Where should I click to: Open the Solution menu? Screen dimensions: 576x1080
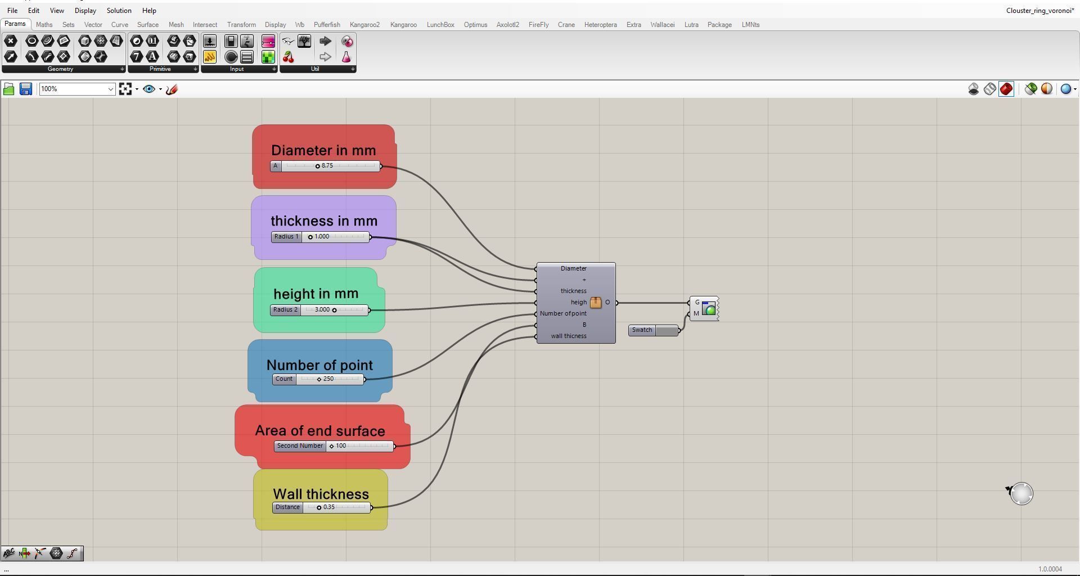(x=119, y=11)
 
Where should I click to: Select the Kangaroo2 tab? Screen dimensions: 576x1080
(x=364, y=25)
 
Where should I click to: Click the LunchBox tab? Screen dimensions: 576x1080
(x=440, y=25)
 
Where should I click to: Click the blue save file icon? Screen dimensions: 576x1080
(x=26, y=89)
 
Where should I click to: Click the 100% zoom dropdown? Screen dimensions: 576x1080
(x=77, y=89)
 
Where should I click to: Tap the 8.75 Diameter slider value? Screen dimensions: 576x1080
(x=327, y=166)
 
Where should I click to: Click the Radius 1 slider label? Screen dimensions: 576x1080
(x=286, y=237)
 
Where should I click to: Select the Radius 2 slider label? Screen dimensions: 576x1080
(x=285, y=310)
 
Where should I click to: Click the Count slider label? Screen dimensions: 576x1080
(x=284, y=379)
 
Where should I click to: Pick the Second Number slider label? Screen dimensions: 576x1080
(x=300, y=446)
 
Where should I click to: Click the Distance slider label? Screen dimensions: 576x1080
(x=287, y=507)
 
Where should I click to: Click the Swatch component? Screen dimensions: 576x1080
(x=642, y=330)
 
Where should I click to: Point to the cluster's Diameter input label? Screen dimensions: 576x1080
(x=573, y=269)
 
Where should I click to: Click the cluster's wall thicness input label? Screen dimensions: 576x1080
(x=568, y=336)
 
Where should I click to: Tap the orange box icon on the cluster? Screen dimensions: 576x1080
(x=596, y=303)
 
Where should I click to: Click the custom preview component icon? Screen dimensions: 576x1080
(x=709, y=309)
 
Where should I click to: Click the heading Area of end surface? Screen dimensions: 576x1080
(x=320, y=431)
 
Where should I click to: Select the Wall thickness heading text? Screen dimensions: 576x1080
(x=321, y=494)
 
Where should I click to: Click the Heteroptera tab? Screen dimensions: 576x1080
(x=600, y=25)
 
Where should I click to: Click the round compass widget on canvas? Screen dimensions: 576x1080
(x=1021, y=494)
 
